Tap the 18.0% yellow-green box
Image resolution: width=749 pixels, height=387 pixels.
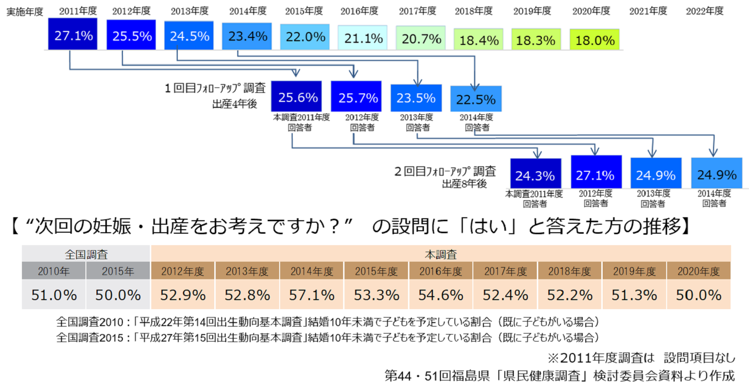pos(594,40)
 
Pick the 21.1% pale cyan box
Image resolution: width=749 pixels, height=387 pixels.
pos(363,37)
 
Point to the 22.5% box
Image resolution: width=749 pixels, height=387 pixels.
pos(476,99)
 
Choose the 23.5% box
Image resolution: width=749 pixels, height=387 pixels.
pos(416,98)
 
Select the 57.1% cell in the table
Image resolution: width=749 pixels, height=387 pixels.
pos(312,295)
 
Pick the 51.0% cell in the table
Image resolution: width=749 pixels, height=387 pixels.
pos(54,295)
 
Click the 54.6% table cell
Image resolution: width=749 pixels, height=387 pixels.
pos(441,295)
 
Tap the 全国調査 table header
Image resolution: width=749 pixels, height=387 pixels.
pos(86,254)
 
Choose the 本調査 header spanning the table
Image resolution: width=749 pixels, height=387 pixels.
pos(440,254)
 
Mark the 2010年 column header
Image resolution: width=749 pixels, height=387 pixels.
pos(54,272)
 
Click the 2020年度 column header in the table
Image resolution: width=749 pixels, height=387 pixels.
pos(699,272)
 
